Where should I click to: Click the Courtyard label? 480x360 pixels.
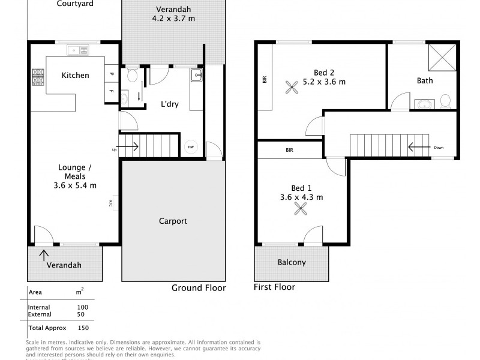(75, 4)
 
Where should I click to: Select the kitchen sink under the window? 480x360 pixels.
(77, 50)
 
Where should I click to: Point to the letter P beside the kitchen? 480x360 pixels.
(112, 74)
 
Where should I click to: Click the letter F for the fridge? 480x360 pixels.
(112, 91)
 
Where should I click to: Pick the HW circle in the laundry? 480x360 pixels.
(191, 146)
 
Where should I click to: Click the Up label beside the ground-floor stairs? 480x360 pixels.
(113, 149)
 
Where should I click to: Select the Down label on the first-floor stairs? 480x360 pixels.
(439, 147)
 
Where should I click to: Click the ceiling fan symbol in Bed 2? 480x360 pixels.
(294, 88)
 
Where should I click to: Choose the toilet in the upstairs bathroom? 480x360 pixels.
(445, 100)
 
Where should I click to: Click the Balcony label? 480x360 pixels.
(292, 262)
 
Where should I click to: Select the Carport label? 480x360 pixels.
(173, 221)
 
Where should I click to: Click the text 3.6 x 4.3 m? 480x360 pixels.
(302, 197)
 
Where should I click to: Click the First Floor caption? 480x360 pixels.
(275, 287)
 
